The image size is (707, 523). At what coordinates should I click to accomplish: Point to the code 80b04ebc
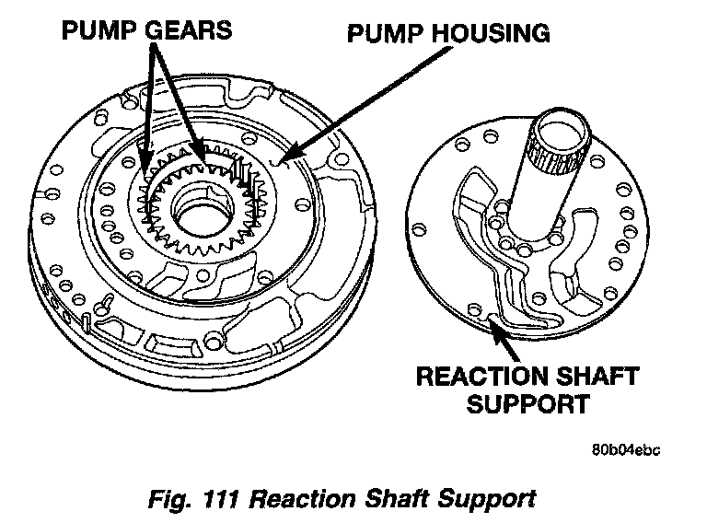626,450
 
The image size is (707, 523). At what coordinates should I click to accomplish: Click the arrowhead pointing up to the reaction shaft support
495,324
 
